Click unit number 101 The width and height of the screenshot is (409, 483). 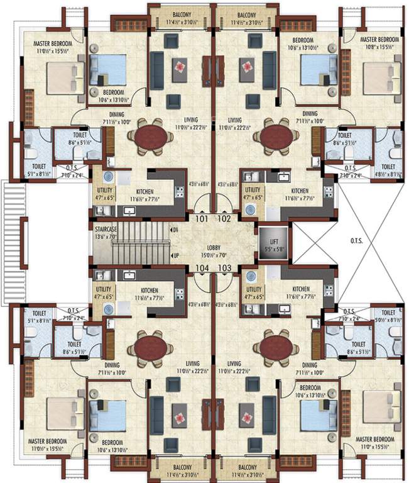[201, 219]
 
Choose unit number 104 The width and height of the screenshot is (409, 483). [201, 268]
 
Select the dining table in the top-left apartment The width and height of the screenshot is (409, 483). [150, 136]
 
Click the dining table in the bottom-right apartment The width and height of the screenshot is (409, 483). [275, 347]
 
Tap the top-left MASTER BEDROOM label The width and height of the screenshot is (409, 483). [53, 43]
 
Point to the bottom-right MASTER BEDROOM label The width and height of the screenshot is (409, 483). [375, 438]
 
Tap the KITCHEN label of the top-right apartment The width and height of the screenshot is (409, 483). [299, 191]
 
